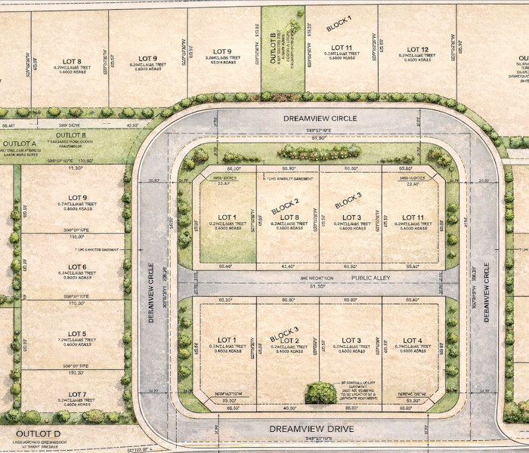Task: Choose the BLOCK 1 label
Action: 339,23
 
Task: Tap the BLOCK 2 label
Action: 285,204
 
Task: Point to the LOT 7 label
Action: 76,394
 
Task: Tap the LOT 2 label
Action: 290,341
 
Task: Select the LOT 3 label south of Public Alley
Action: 351,341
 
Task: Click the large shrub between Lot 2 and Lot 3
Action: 320,393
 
